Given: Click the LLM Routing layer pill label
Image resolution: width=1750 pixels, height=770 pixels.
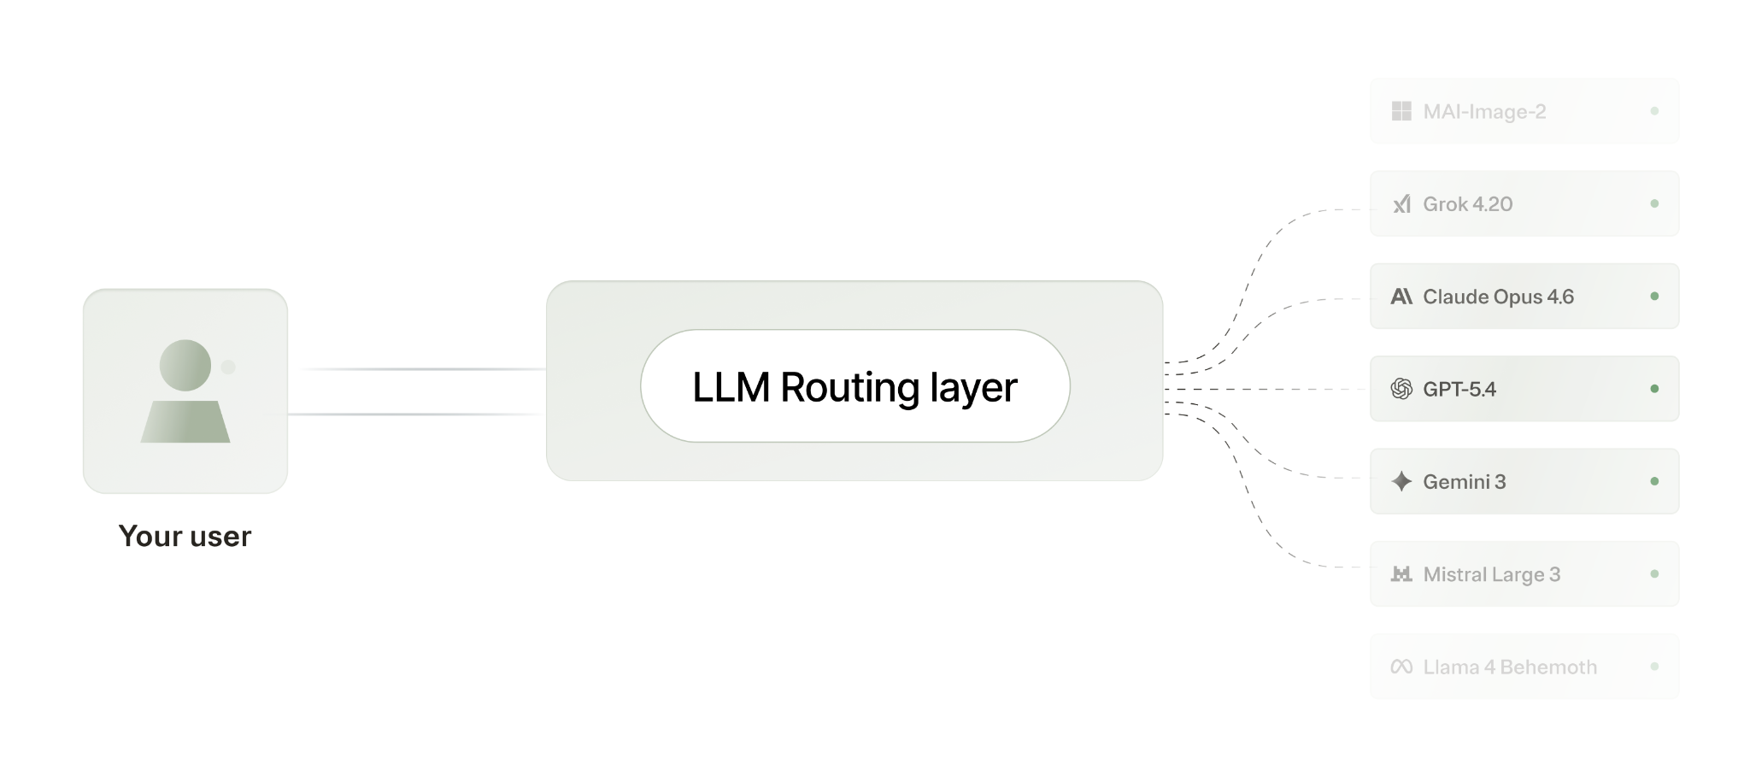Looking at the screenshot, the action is [x=854, y=387].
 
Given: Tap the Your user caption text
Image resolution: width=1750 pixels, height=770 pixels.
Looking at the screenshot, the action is [x=185, y=537].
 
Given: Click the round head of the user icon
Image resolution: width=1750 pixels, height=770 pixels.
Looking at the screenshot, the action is [x=185, y=366].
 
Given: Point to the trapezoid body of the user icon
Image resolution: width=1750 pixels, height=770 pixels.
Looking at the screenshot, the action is [x=185, y=421].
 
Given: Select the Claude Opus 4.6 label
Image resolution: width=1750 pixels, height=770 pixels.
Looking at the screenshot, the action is [x=1498, y=297].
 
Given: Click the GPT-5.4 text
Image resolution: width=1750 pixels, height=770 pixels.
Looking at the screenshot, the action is [x=1459, y=389].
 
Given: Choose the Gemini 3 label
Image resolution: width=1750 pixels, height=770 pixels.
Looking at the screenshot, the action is [x=1464, y=482].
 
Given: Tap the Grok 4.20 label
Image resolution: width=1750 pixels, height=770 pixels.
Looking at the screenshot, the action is [x=1467, y=204].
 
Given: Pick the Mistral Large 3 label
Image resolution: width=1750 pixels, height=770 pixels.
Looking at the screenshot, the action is [x=1491, y=574].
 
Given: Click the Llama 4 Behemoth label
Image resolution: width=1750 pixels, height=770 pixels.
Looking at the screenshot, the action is [x=1509, y=667].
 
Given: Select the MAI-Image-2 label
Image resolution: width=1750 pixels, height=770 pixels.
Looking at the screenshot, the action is [x=1484, y=112].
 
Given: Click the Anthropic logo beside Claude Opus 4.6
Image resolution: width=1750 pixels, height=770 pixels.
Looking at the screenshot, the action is [x=1401, y=297].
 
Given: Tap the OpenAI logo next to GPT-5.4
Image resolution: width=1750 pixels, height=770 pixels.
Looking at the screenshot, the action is [x=1401, y=389].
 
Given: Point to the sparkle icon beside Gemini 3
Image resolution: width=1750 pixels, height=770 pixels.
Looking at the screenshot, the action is [x=1401, y=482].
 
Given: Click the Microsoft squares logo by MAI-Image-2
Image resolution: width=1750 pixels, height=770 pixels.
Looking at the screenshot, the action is [x=1401, y=111].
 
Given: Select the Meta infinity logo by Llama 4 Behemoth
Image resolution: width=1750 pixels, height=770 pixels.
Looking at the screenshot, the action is [x=1401, y=667].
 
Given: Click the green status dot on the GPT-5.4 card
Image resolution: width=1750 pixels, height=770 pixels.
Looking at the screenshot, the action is [x=1654, y=389].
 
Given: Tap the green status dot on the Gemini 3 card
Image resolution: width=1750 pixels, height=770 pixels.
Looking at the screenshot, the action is [x=1654, y=482].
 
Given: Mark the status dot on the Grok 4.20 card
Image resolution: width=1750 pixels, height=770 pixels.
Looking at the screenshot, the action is [x=1654, y=203].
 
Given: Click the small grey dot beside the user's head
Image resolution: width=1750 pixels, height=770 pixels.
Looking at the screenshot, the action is [x=228, y=367].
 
